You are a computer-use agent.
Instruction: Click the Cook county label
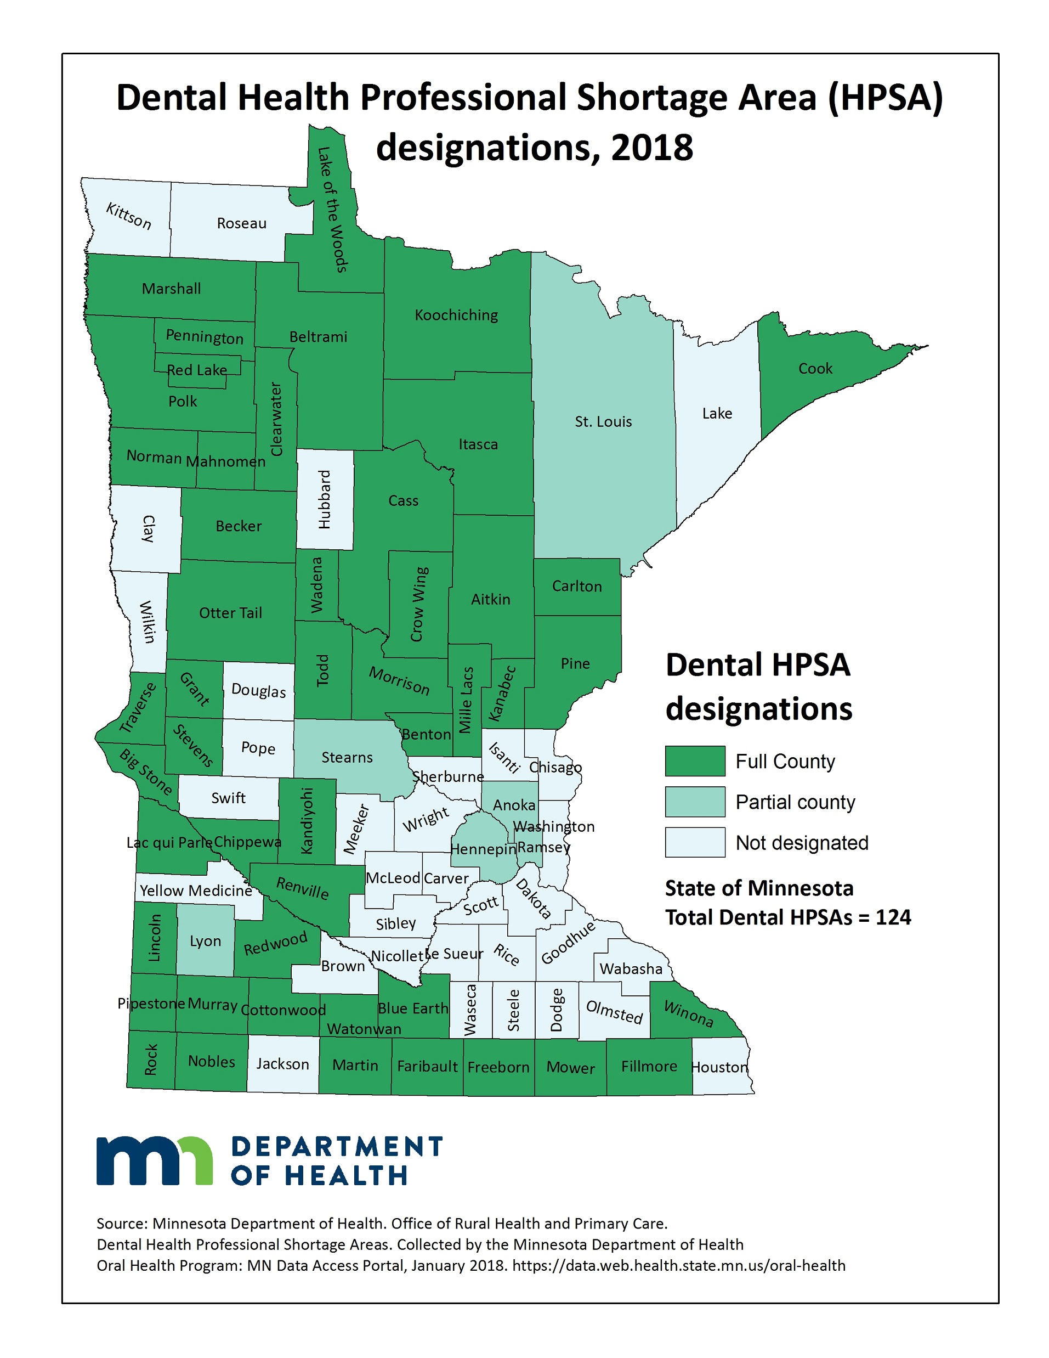[815, 368]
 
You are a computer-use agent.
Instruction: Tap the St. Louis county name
[603, 421]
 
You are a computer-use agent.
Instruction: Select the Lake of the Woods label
[332, 210]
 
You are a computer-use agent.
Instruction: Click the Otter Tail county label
[230, 612]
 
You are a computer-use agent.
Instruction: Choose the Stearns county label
[347, 757]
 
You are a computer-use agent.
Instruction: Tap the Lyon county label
[205, 941]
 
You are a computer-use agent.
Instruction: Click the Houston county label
[719, 1067]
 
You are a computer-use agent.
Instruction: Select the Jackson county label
[283, 1064]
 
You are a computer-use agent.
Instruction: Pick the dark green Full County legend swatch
[695, 761]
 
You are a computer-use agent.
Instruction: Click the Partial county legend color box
[695, 802]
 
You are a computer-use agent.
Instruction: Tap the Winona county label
[688, 1013]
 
